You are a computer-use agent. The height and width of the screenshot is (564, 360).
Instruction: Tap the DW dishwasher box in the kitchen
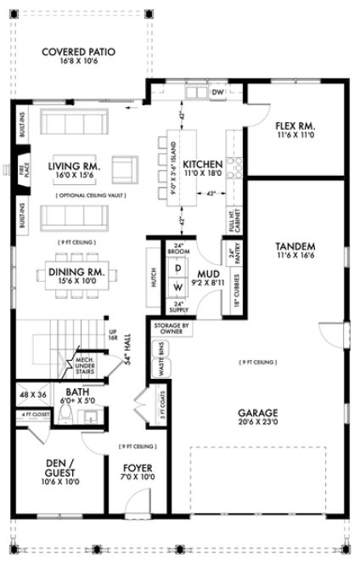217,91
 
